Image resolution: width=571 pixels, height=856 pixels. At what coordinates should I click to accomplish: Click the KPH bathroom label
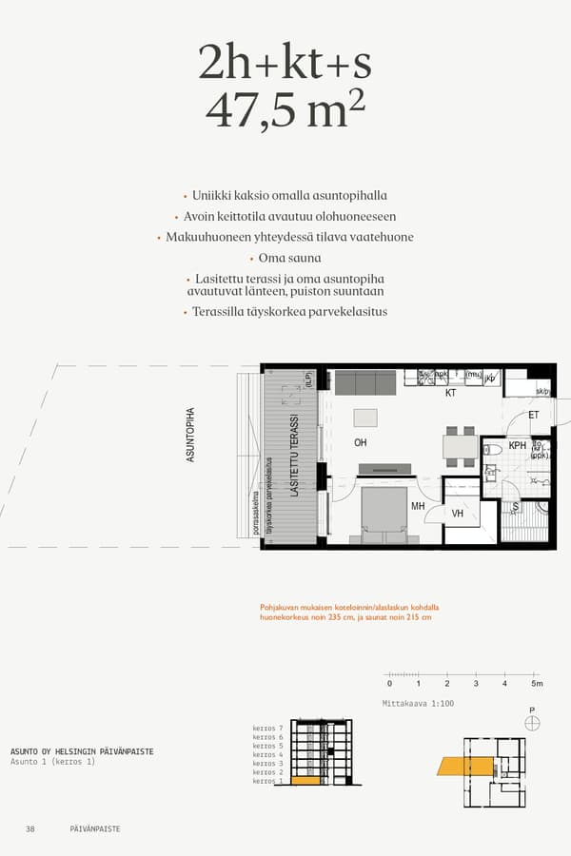(518, 445)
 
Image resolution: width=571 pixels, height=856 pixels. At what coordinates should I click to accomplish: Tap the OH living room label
(361, 442)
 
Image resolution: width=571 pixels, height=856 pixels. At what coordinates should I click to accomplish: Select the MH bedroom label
(417, 507)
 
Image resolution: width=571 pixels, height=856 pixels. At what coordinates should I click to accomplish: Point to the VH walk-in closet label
(457, 514)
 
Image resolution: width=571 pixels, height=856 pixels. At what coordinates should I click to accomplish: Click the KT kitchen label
(451, 392)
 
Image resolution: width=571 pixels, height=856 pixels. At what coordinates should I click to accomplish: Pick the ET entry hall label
(534, 415)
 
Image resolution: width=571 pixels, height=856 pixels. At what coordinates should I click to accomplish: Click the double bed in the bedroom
(384, 514)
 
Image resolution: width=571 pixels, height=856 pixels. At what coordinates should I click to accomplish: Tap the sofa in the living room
(364, 382)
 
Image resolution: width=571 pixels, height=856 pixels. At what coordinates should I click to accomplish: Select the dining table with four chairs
(461, 446)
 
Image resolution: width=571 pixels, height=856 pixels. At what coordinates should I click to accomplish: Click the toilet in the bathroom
(493, 449)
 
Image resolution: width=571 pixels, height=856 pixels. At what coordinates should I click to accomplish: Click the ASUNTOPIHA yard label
(190, 435)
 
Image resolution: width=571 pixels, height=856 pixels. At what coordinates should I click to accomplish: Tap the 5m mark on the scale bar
(536, 683)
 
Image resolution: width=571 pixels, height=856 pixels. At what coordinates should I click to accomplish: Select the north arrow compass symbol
(532, 723)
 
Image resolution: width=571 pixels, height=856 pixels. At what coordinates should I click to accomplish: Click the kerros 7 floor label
(267, 728)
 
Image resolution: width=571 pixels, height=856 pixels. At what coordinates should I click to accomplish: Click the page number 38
(30, 828)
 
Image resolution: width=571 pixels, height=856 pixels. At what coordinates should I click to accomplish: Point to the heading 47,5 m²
(285, 111)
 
